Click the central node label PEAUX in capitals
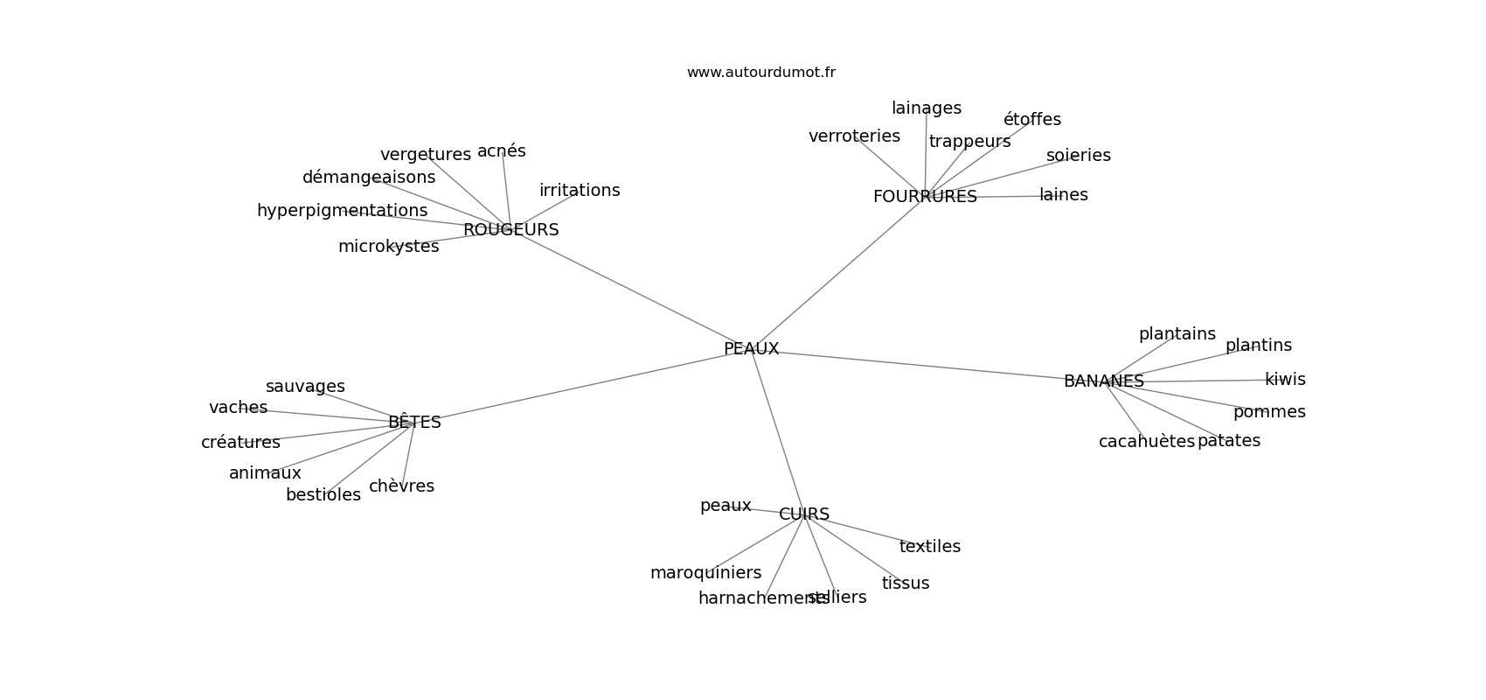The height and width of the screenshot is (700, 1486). coord(751,349)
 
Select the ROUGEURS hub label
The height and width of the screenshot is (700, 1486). coord(510,230)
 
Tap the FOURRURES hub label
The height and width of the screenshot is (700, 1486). coord(925,197)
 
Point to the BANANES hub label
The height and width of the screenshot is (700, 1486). coord(1103,381)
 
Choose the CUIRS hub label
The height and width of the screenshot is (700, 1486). coord(804,514)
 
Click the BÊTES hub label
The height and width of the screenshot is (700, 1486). coord(414,423)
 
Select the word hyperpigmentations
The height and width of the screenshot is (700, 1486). coord(342,211)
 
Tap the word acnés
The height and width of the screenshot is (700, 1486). coord(502,151)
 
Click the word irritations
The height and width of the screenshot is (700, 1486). coord(580,191)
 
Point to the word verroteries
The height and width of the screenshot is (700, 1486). coord(854,136)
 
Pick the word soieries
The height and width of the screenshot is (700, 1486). coord(1078,156)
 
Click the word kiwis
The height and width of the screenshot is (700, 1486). coord(1285,380)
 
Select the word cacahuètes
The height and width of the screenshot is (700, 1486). coord(1146,442)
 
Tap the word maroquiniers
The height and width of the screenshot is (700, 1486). coord(705,573)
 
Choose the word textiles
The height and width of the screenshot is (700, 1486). coord(929,547)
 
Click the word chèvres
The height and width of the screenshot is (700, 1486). coord(401,486)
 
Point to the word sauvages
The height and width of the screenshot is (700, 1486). coord(305,387)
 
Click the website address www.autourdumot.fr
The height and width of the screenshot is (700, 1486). coord(760,73)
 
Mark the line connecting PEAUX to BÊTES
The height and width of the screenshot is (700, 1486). coord(577,386)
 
